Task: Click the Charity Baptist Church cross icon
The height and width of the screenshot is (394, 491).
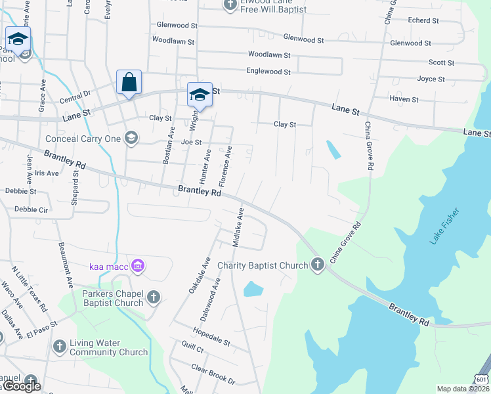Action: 318,265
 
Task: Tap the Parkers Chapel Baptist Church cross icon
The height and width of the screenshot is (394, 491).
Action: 153,297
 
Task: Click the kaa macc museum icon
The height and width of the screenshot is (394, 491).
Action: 138,266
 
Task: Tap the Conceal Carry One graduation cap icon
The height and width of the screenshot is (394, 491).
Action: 131,138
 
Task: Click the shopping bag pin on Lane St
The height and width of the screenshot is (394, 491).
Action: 129,83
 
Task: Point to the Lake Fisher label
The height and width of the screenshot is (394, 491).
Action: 445,227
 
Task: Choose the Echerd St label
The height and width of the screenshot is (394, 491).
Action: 423,20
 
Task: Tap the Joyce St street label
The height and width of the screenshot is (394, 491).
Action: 431,79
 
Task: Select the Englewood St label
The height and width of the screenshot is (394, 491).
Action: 268,71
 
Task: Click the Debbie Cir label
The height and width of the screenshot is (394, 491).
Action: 32,209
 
